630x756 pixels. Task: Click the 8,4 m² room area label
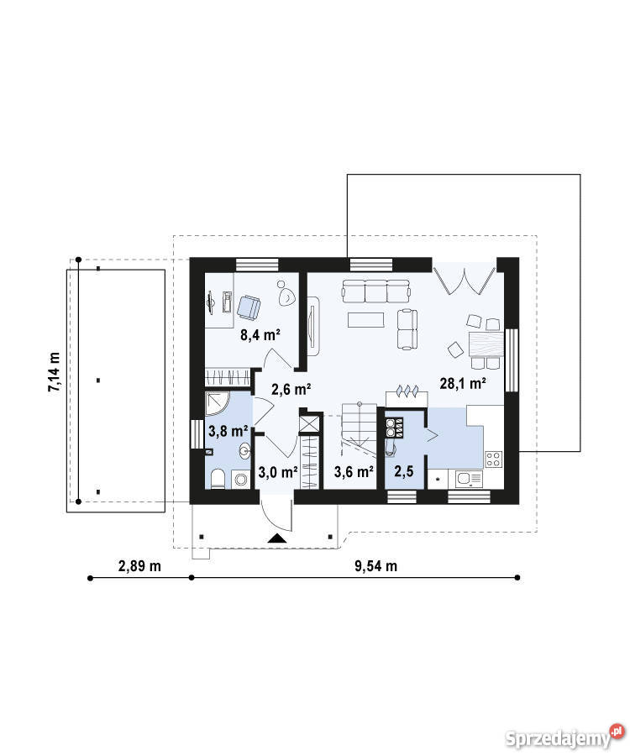260,334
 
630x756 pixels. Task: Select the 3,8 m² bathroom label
228,431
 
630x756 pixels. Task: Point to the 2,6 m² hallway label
291,389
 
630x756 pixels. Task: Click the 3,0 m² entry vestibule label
278,472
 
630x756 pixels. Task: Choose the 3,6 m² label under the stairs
354,471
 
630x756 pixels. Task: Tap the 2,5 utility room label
404,471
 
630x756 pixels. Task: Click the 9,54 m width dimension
376,565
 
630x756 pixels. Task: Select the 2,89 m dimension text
139,565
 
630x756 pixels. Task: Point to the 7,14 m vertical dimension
54,372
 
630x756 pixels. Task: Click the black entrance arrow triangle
277,538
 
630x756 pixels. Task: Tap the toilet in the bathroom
218,479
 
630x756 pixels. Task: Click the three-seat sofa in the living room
376,291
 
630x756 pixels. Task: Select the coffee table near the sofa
366,320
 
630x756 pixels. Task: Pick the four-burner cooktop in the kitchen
494,459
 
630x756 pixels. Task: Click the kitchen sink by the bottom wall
469,479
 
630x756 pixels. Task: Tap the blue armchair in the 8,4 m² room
249,307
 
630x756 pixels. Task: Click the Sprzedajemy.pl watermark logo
564,737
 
